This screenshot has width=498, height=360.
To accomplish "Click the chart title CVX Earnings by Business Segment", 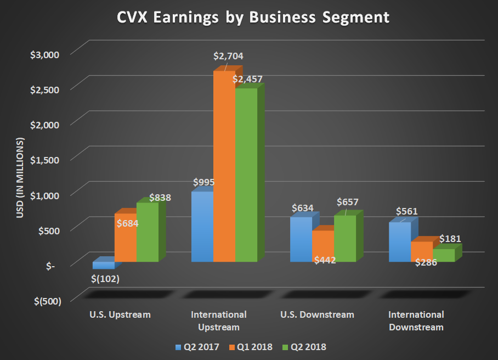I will tap(253, 18).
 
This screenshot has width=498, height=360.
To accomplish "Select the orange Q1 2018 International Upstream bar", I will tap(224, 165).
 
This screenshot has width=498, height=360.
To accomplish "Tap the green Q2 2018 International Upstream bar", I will tap(246, 176).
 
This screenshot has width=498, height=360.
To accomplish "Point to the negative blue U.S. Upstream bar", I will tap(103, 265).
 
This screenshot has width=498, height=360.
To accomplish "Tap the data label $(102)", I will tap(105, 278).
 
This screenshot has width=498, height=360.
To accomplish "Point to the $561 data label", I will tap(406, 211).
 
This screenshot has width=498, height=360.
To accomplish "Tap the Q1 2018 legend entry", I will tap(251, 347).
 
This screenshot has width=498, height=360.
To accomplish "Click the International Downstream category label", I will tap(416, 320).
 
